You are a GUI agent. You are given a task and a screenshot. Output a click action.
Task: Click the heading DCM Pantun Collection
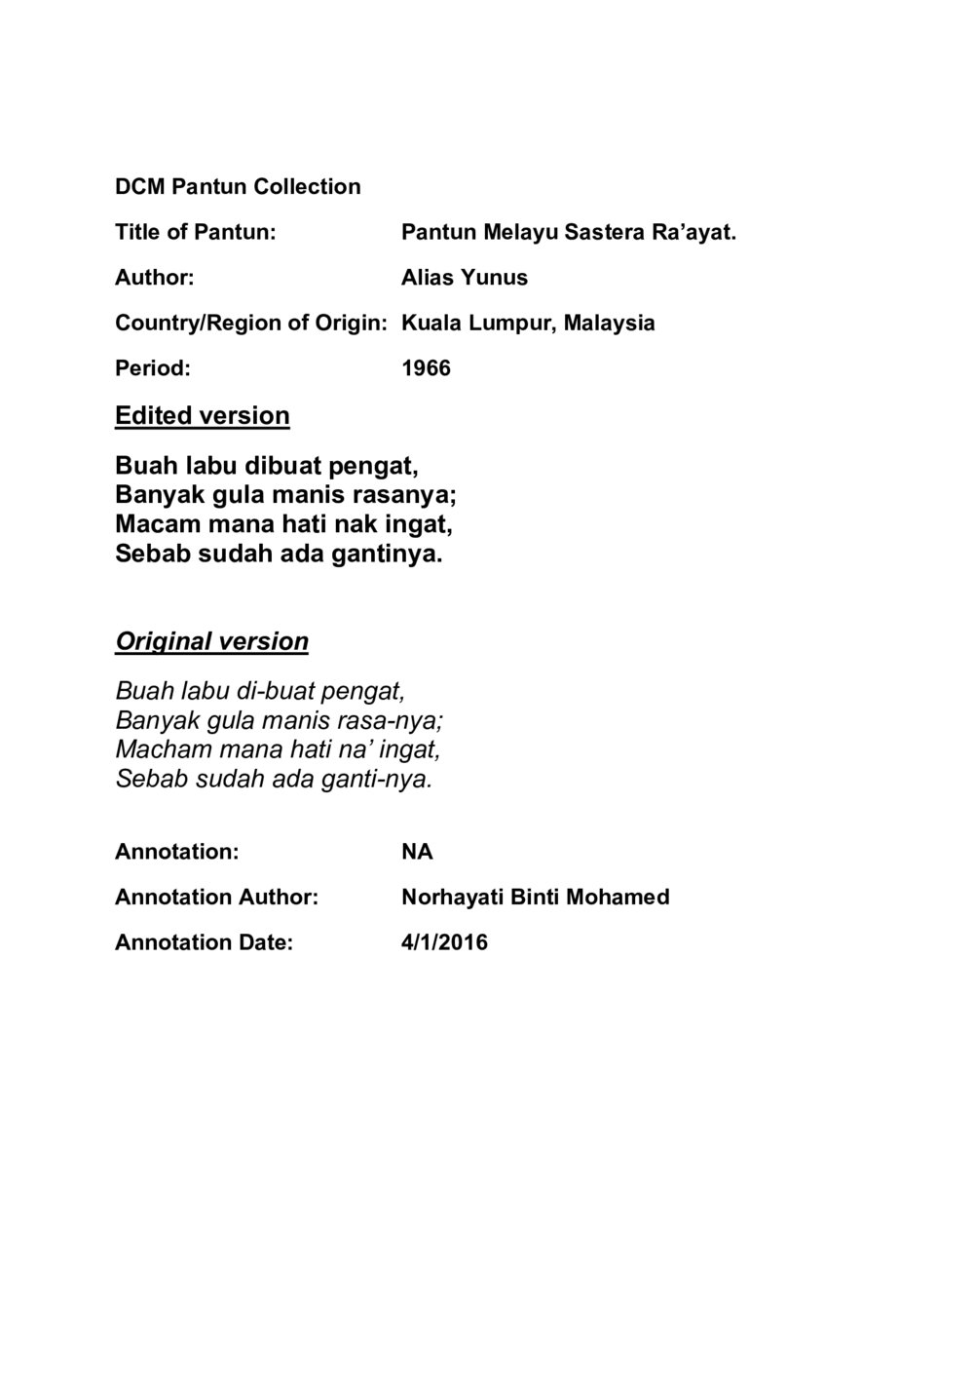(238, 186)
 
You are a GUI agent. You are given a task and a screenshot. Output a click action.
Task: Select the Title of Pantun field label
(196, 232)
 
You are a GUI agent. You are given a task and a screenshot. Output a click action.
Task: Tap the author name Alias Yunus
(465, 278)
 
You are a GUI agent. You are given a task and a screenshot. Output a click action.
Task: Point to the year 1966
(426, 368)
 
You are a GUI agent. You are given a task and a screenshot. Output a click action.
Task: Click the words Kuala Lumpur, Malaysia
(528, 323)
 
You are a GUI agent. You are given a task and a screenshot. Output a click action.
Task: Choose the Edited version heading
(203, 415)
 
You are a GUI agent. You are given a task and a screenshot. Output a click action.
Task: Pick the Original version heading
(211, 641)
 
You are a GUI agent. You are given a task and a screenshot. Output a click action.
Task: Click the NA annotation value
(417, 852)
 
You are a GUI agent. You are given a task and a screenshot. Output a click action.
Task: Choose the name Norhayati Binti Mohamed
(535, 897)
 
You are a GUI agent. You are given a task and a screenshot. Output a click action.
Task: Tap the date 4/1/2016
(444, 942)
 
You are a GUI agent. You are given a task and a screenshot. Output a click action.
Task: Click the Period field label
(152, 368)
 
